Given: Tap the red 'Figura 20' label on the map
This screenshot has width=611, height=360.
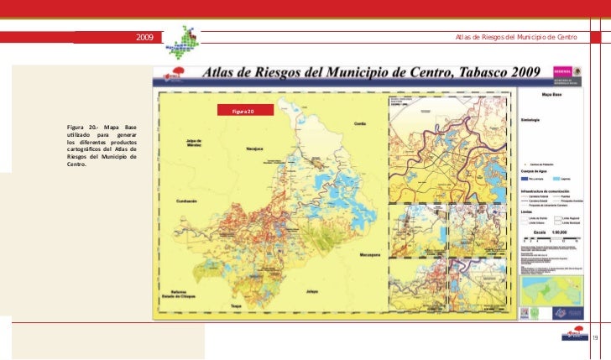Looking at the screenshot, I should pos(235,111).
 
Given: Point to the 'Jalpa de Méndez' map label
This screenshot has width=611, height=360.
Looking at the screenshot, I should pos(190,143).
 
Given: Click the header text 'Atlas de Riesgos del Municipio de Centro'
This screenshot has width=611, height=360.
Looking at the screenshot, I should pos(515,38).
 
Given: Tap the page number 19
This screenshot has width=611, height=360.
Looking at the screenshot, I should pos(595,337).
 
